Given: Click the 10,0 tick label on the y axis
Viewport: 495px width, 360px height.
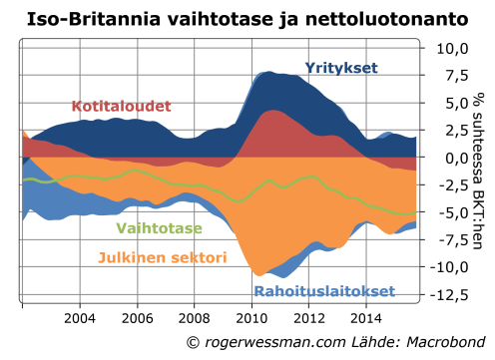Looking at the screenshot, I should click(454, 48).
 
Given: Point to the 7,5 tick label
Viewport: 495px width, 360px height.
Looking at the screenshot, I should click(457, 76).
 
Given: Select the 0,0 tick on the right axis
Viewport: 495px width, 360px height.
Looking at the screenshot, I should click(457, 157).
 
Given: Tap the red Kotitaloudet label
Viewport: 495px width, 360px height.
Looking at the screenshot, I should click(121, 106).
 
